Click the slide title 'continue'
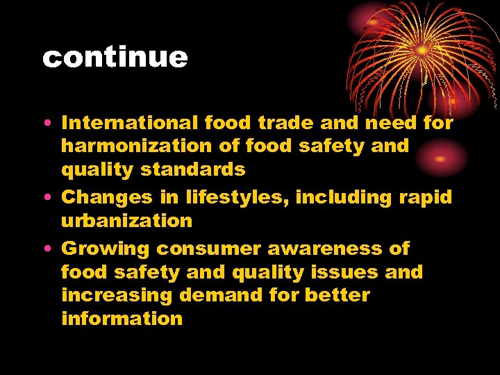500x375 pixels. tap(115, 58)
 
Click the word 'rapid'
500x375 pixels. tap(425, 198)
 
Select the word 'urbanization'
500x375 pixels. tap(126, 222)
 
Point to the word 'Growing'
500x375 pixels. tap(106, 249)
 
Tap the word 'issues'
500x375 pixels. tap(341, 272)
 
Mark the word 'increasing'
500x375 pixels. tap(117, 295)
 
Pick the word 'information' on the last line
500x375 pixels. tap(122, 319)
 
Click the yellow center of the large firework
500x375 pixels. tap(422, 51)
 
